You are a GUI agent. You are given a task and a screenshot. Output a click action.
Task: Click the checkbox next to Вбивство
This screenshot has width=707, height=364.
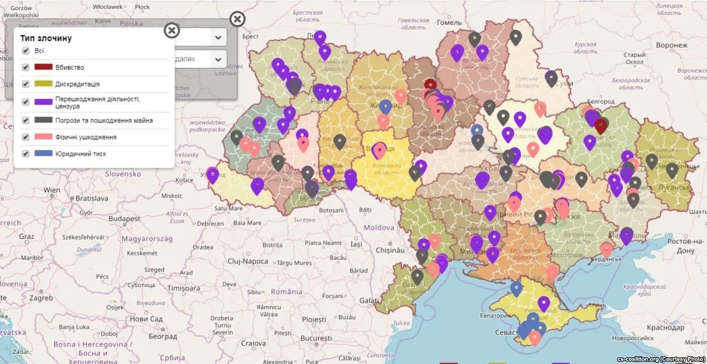tap(26, 67)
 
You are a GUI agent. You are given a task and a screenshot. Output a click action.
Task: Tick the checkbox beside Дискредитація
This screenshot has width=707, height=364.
tap(26, 84)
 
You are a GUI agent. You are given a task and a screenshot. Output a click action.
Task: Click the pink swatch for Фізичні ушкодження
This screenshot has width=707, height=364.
tap(44, 137)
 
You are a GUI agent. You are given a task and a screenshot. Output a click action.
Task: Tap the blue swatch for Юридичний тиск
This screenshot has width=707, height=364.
tap(44, 154)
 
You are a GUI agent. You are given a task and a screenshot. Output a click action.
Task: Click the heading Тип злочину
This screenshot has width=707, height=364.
tap(46, 38)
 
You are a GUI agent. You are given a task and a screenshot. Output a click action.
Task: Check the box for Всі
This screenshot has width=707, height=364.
tap(26, 51)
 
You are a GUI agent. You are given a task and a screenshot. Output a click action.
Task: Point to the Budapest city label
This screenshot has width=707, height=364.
tap(124, 219)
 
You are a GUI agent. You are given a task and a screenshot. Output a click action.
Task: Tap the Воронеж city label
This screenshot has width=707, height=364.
tap(672, 45)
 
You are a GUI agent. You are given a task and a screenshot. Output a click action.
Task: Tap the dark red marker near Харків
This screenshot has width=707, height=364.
tap(601, 125)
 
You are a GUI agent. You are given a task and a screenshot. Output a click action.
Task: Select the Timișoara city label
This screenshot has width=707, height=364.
tap(184, 288)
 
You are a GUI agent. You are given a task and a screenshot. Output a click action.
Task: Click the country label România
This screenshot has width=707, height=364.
tap(286, 292)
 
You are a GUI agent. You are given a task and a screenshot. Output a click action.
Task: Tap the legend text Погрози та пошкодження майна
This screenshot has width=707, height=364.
tap(104, 121)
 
